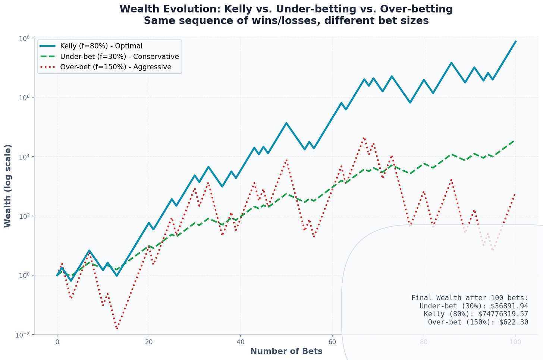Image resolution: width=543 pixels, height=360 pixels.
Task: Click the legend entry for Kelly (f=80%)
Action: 101,46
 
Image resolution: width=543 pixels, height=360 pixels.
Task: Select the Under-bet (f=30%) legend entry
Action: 119,56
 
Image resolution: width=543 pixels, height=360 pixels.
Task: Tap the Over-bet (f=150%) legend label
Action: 116,67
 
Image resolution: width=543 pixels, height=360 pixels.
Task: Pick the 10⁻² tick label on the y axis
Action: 23,335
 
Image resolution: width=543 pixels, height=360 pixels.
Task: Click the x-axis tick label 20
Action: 148,342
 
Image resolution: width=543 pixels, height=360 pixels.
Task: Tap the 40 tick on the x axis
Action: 240,342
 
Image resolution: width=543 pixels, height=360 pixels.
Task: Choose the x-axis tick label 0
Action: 57,342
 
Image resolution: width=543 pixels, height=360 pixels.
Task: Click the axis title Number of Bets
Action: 286,351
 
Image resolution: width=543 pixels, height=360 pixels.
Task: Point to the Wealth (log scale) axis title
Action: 7,186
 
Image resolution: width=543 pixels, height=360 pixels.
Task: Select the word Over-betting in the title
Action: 416,9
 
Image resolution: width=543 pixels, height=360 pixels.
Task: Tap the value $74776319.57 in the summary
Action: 503,314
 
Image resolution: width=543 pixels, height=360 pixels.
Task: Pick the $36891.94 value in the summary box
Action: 509,306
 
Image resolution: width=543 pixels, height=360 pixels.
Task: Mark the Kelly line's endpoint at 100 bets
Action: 515,41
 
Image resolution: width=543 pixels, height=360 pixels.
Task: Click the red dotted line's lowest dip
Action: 117,328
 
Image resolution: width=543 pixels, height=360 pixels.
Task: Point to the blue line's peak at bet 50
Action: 286,123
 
